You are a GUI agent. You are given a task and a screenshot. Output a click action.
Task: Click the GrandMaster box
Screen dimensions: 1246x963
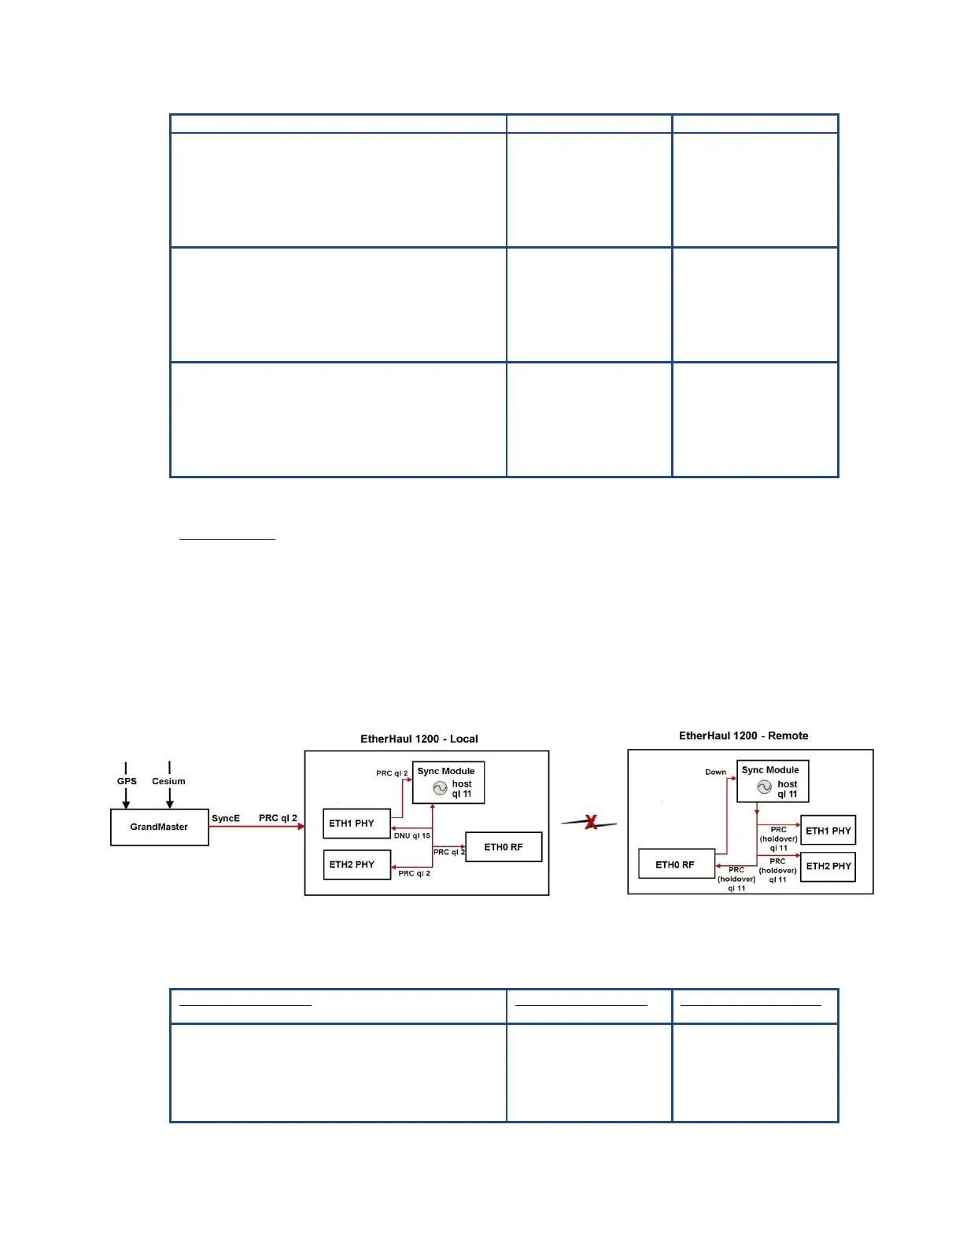(159, 827)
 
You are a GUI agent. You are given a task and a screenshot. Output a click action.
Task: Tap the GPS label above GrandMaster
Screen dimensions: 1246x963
(127, 781)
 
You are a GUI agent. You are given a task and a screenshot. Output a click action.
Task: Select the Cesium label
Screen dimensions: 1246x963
(168, 781)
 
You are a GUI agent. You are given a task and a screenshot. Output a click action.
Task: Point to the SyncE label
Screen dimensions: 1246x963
(226, 818)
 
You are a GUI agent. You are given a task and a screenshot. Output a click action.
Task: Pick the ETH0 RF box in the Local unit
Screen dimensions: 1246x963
(504, 847)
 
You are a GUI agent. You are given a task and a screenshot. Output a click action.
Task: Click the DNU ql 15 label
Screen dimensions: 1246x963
(411, 835)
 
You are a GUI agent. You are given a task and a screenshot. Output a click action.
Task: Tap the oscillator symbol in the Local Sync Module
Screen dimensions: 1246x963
(440, 788)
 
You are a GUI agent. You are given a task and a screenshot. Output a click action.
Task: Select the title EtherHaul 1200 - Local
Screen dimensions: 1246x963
(419, 739)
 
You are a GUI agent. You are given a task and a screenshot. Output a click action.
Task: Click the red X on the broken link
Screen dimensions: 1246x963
(591, 823)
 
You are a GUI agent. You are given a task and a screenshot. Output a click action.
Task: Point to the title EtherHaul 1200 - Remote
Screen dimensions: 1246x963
(743, 735)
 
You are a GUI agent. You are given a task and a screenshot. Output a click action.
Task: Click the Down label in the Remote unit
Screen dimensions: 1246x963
(715, 772)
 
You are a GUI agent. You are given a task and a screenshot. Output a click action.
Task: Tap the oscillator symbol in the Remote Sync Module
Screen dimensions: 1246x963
(764, 787)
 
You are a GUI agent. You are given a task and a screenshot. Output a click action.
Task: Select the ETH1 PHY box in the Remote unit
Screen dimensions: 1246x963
(828, 831)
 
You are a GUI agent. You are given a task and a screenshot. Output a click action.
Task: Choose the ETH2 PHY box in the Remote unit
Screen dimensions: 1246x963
(828, 866)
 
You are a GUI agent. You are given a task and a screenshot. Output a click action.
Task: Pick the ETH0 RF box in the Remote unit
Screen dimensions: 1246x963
(676, 864)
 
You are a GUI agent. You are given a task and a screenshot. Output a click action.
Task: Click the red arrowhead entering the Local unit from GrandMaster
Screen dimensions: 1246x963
(301, 827)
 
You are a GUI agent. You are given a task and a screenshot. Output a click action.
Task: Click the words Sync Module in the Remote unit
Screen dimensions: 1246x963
(769, 770)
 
